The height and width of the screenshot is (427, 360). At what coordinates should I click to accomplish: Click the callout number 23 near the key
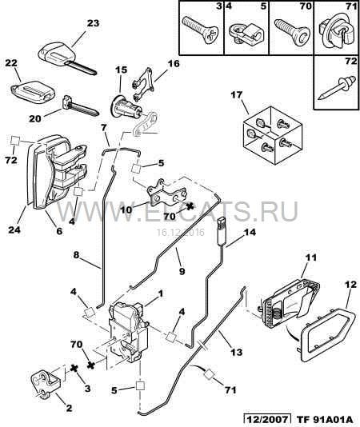point(94,23)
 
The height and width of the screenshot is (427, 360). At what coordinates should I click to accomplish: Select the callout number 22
point(11,63)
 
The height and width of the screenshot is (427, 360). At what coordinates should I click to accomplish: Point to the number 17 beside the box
point(237,95)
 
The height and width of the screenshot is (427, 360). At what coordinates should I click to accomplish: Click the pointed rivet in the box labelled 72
point(337,87)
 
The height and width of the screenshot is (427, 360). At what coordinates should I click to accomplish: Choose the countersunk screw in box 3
point(201,29)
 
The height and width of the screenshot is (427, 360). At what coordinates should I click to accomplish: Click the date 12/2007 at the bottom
point(266,419)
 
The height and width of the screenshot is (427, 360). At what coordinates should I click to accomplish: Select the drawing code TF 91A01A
point(324,419)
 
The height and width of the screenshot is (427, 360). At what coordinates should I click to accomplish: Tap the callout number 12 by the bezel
point(350,285)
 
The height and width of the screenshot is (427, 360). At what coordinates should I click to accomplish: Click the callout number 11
point(312,257)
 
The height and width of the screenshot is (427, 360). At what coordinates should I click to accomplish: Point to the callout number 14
point(250,232)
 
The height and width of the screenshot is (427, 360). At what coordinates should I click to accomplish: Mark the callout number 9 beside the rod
point(182,271)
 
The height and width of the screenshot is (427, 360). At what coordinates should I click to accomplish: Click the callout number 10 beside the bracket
point(126,210)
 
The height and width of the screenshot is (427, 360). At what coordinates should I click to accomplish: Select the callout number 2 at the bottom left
point(69,408)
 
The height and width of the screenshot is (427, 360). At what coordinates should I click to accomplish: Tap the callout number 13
point(236,352)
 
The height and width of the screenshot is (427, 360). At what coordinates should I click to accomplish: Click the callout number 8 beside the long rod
point(76,254)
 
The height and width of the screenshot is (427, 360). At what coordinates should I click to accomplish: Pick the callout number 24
point(14,229)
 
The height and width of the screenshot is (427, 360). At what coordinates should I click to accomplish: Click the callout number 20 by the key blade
point(35,118)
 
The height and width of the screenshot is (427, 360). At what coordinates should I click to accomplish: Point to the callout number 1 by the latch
point(161,293)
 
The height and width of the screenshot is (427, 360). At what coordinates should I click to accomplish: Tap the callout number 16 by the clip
point(174,63)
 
